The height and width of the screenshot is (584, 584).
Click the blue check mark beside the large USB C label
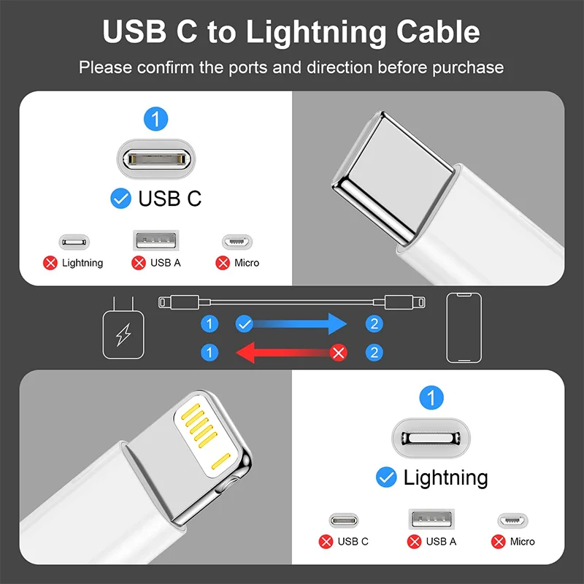click(x=120, y=198)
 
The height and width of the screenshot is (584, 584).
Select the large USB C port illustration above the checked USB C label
click(x=155, y=157)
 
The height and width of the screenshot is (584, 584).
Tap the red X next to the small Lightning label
click(x=50, y=263)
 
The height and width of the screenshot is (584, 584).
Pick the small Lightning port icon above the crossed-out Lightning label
click(x=74, y=242)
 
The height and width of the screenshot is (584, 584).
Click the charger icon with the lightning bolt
click(x=122, y=333)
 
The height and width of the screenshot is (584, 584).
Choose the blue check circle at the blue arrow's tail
click(x=245, y=323)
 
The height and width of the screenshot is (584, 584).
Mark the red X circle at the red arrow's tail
click(x=338, y=353)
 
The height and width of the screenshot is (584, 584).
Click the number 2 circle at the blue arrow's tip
click(x=374, y=323)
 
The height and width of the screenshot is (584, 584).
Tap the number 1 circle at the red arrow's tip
click(x=210, y=353)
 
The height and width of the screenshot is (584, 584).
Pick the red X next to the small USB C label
click(x=326, y=542)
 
